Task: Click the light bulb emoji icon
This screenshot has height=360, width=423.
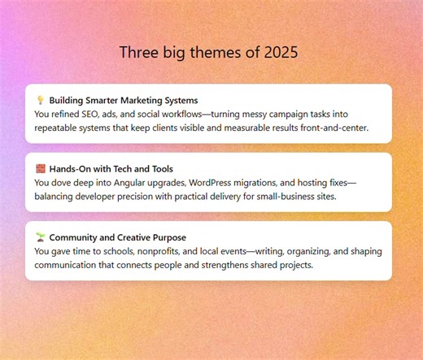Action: point(40,100)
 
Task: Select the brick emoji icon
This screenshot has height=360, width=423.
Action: point(40,169)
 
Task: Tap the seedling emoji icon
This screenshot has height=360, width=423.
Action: point(40,237)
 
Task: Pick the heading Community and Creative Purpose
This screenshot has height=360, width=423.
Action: point(118,237)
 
